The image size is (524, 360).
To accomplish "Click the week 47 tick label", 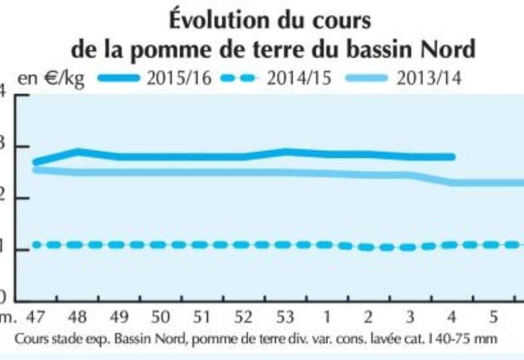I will coord(37,318).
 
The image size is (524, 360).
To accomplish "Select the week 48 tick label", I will coord(78,318).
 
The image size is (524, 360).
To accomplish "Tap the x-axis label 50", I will coord(161,318).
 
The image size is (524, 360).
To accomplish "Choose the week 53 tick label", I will coord(285,318).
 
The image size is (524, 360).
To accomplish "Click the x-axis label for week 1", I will coord(327,318).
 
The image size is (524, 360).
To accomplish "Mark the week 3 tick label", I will coord(410,318).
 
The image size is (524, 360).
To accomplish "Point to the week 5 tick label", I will coord(493,318).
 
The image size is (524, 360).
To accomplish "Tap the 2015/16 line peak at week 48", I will coord(78,152).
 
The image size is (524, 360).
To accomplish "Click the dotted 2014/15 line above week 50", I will coord(161,245).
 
